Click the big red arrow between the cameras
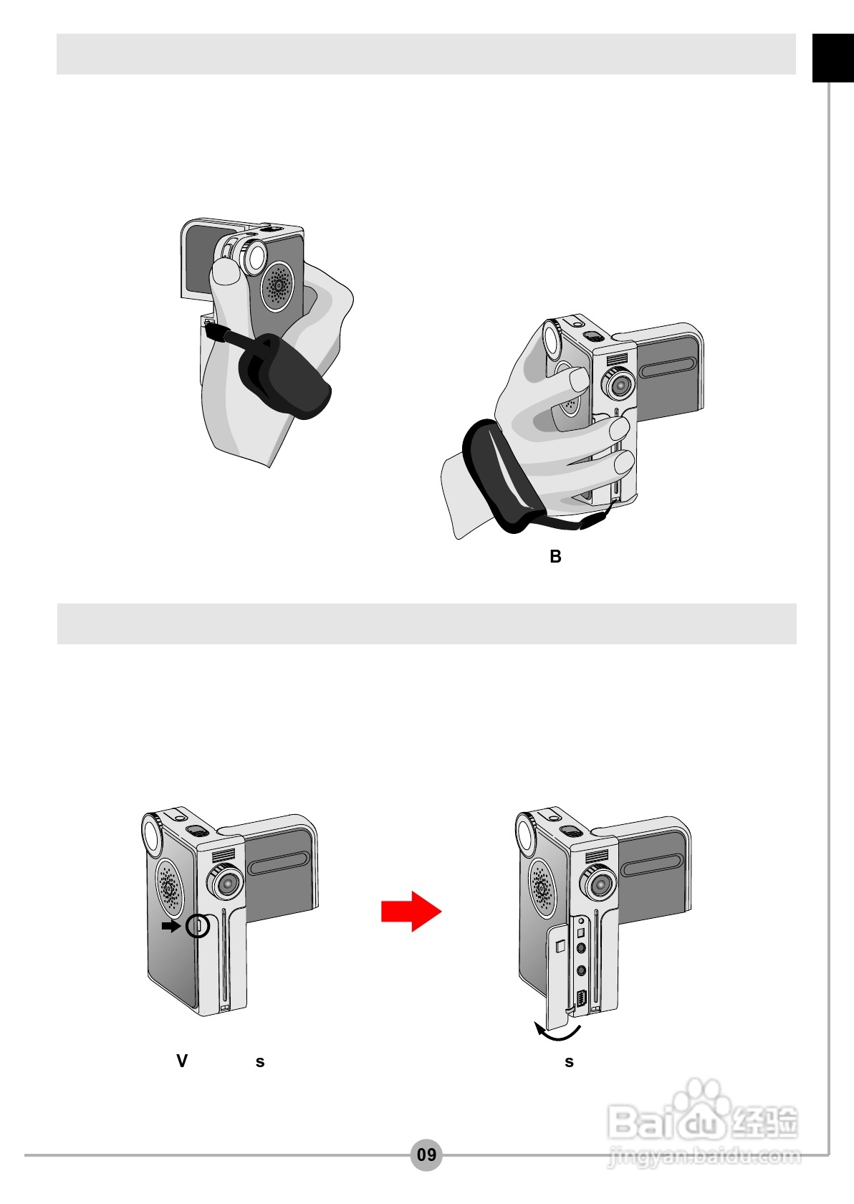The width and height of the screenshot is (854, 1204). tap(411, 911)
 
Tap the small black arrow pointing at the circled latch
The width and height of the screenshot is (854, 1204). tap(171, 926)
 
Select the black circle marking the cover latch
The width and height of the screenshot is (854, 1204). tap(197, 926)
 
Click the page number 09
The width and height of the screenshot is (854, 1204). tap(427, 1154)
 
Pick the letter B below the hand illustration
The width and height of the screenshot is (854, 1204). tap(556, 556)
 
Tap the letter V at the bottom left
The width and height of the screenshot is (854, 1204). tap(182, 1061)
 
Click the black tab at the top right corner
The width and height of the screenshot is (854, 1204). tap(833, 58)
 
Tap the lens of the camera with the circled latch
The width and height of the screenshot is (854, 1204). tap(227, 883)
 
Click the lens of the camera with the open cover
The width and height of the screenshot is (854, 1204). tap(600, 883)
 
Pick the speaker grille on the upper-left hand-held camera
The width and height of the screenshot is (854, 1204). tap(278, 286)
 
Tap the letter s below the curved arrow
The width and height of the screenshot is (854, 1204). tap(569, 1062)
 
